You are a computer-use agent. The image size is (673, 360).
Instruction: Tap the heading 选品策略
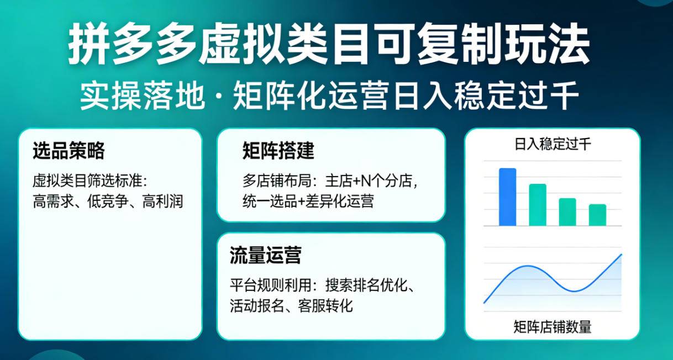coord(69,151)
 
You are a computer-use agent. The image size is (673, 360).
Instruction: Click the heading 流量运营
coord(265,256)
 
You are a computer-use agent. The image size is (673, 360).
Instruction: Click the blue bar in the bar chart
coord(507,197)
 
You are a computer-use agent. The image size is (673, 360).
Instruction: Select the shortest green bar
coord(597,215)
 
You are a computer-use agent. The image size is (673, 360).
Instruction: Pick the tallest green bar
coord(537,205)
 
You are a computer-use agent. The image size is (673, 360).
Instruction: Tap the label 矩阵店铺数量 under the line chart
coord(552,327)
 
